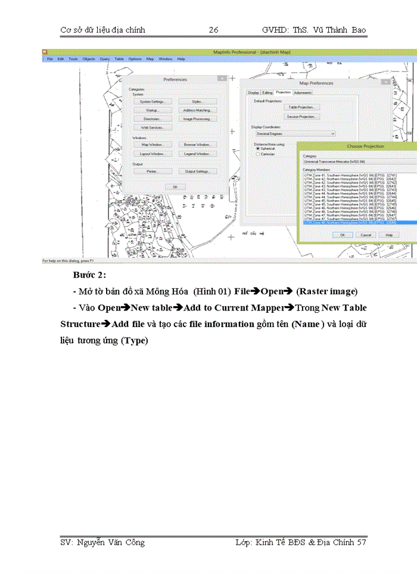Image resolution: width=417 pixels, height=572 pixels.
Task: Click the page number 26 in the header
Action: point(214,30)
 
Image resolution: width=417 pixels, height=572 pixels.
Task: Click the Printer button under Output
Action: point(152,171)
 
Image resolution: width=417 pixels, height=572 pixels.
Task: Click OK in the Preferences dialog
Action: point(175,186)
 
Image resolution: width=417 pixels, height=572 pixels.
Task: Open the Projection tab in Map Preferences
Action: point(283,92)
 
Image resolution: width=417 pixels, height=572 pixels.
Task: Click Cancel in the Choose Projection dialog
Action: point(366,235)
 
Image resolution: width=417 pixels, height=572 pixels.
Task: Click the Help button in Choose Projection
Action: point(388,235)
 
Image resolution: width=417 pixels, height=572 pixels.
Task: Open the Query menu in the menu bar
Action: point(104,59)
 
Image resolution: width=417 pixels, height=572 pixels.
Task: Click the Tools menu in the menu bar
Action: point(73,59)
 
